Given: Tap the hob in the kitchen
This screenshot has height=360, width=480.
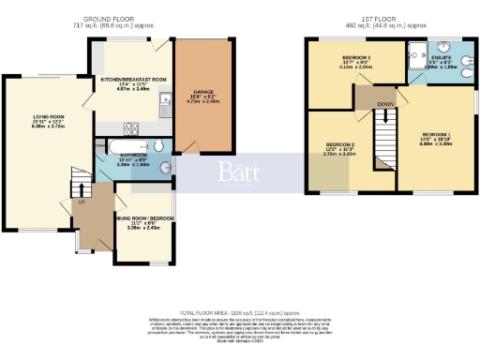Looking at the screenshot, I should coord(132,127).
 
